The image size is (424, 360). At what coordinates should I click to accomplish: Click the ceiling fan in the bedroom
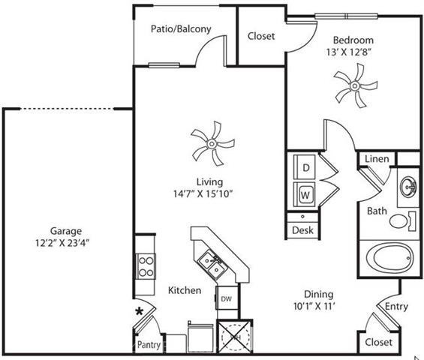(355, 86)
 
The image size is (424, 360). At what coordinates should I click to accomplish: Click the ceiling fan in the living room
(212, 143)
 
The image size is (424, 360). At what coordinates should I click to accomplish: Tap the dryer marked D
(305, 167)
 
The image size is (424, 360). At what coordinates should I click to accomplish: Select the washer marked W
(305, 194)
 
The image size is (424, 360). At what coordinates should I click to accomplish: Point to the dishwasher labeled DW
(227, 298)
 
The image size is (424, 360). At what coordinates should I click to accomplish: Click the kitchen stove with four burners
(146, 267)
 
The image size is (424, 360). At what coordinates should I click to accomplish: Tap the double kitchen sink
(211, 265)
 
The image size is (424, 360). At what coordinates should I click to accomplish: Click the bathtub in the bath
(389, 259)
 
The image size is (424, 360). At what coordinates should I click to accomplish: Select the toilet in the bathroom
(402, 221)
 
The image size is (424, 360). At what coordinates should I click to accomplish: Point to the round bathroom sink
(408, 187)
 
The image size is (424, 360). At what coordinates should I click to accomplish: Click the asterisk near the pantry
(140, 311)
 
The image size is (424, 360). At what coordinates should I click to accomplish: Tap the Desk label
(302, 230)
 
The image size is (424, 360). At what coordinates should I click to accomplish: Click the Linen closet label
(377, 159)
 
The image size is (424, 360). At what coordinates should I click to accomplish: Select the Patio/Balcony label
(181, 28)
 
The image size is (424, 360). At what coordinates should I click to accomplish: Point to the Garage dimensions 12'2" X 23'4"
(62, 243)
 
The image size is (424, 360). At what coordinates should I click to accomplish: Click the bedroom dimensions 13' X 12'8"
(347, 52)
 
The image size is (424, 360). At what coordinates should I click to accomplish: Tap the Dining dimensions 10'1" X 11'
(314, 306)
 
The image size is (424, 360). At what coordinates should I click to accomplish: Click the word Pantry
(149, 344)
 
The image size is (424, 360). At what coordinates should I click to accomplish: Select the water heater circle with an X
(235, 337)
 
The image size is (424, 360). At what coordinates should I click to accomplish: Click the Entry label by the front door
(396, 307)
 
